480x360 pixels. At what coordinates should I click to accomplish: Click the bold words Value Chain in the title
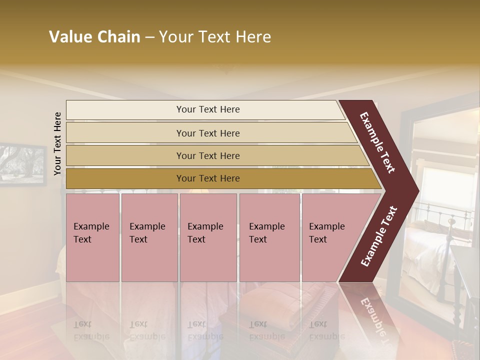(94, 37)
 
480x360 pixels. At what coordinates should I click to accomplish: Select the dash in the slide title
(149, 37)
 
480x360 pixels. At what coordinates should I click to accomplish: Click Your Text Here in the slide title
(215, 37)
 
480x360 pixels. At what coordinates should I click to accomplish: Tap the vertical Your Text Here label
(57, 143)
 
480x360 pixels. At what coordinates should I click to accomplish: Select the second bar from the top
(208, 133)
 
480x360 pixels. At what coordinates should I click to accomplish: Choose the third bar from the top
(208, 155)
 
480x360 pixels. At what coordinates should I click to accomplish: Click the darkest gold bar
(208, 178)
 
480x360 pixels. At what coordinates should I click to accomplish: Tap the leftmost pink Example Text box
(92, 237)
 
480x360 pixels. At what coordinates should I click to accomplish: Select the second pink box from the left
(149, 237)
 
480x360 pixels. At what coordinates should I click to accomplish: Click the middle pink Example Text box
(208, 237)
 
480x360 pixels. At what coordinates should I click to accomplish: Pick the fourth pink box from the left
(269, 237)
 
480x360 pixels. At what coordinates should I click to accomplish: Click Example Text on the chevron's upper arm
(377, 142)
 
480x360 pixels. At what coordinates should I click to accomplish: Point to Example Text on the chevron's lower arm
(379, 236)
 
